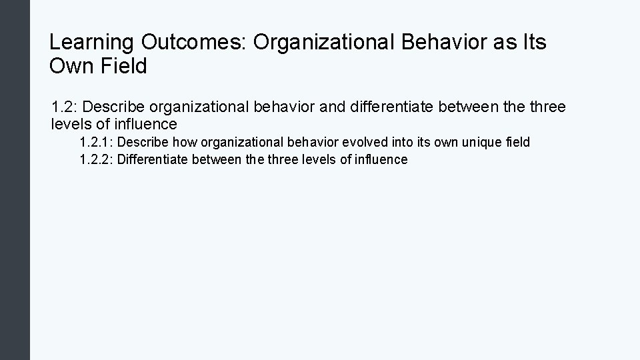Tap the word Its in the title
[x=533, y=43]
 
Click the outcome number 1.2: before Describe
[x=65, y=107]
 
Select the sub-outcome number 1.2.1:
[x=96, y=142]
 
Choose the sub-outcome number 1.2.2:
[x=96, y=159]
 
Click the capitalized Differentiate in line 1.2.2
[x=153, y=159]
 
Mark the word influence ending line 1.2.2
[x=381, y=159]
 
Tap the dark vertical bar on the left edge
[x=15, y=180]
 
